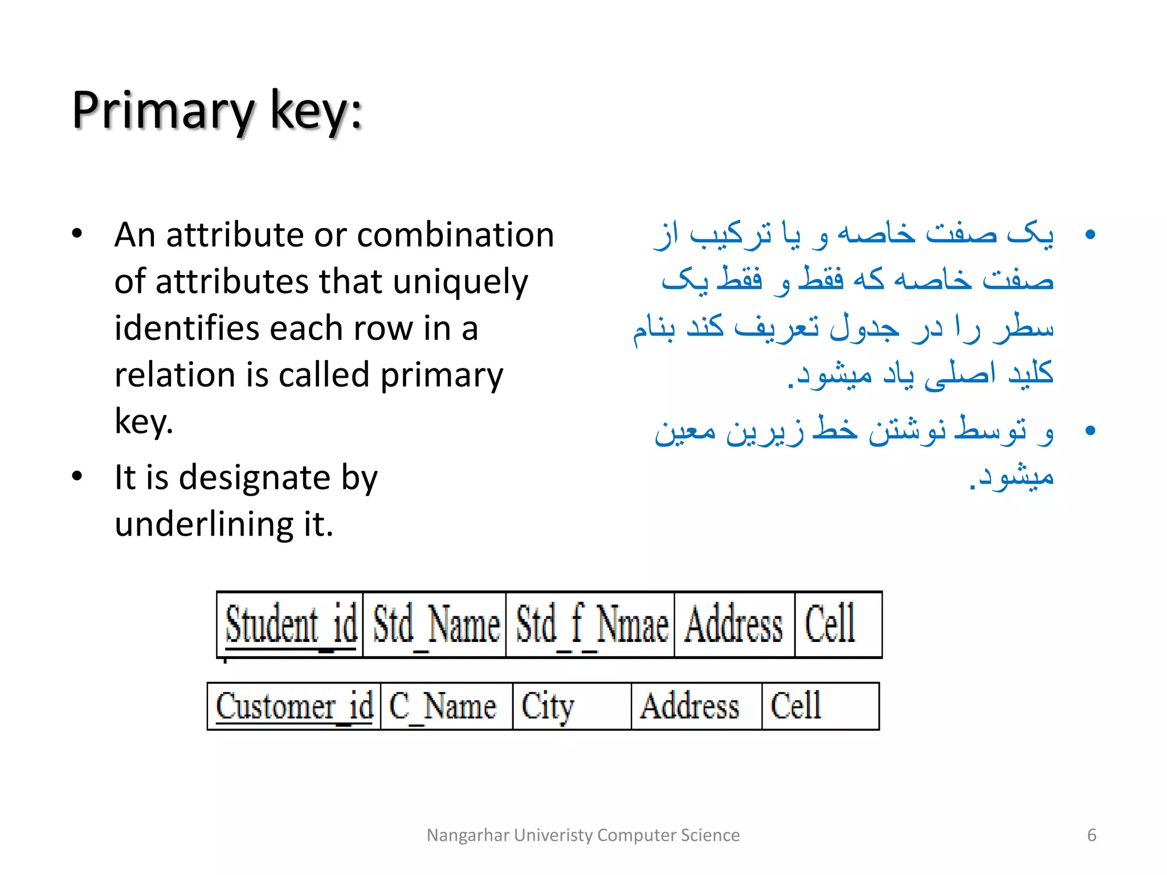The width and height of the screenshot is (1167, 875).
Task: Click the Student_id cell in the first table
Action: point(291,625)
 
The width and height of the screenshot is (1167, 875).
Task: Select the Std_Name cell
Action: point(435,625)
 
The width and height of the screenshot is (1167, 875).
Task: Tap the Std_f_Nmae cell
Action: point(591,625)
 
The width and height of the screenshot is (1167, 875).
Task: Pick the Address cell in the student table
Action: point(734,625)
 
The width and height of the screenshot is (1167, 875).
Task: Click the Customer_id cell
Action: point(294,706)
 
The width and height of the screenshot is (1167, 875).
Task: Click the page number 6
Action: point(1091,835)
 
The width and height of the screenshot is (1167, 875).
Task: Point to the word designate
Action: point(255,477)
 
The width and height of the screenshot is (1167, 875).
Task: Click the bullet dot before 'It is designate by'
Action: point(77,476)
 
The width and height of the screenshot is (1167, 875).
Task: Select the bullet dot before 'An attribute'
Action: point(77,234)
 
